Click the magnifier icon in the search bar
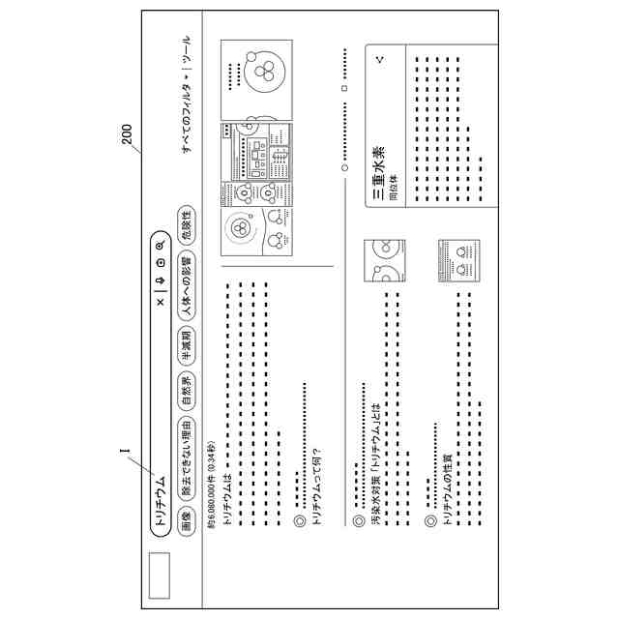point(160,245)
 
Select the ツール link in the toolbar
point(187,52)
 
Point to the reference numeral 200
point(127,133)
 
